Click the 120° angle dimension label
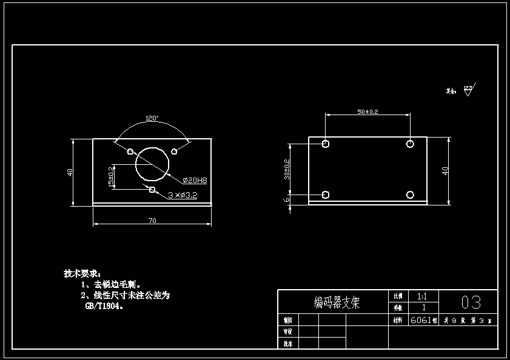tap(152, 118)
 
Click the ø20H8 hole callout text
tap(195, 180)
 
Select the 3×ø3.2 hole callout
tap(182, 195)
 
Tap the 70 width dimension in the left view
tap(152, 221)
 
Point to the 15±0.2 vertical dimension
tap(111, 177)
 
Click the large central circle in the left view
tap(152, 164)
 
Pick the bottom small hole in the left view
tap(152, 190)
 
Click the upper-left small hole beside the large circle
tap(130, 151)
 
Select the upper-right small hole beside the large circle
tap(174, 151)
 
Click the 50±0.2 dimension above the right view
tap(367, 112)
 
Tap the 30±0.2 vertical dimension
tap(287, 170)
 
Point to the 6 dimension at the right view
tap(287, 199)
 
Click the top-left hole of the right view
tap(326, 144)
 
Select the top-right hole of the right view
tap(410, 144)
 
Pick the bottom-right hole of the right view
tap(410, 194)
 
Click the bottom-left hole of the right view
tap(326, 194)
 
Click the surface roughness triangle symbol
tap(468, 91)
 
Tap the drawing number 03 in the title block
tap(471, 302)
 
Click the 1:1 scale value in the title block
tap(422, 296)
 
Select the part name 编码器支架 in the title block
tap(337, 302)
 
